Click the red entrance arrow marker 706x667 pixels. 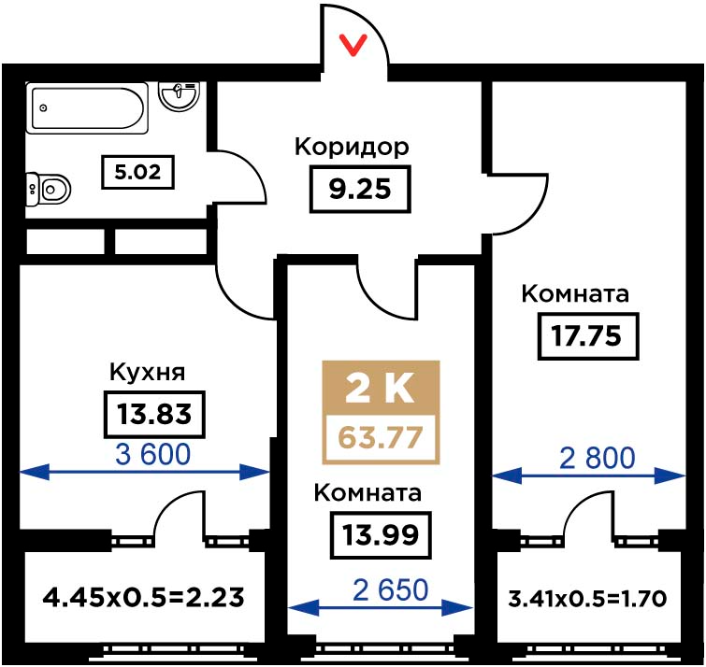tap(353, 46)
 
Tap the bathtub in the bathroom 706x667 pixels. tap(87, 108)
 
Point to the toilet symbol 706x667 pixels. tap(49, 190)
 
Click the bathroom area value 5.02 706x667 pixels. tap(137, 172)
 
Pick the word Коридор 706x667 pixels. tap(352, 147)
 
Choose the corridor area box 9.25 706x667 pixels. tap(360, 189)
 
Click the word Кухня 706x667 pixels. tap(147, 373)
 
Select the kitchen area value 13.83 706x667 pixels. tap(154, 414)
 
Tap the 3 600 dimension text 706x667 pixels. tap(152, 454)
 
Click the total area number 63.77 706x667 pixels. tap(381, 437)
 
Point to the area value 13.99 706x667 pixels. tap(381, 535)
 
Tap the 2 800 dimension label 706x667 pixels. tap(597, 458)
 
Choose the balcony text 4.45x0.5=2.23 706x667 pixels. tap(144, 598)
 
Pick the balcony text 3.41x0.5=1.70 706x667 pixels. tap(587, 599)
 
